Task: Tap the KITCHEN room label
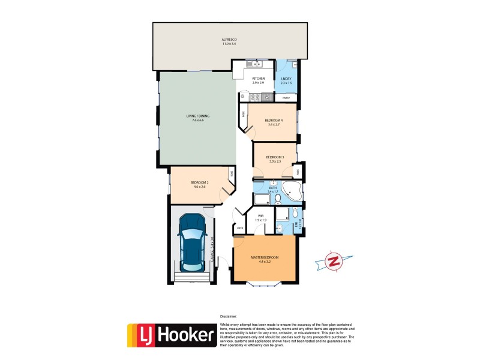click(259, 79)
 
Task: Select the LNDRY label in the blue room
click(286, 79)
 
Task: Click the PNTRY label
click(286, 97)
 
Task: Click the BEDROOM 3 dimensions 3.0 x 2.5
click(276, 161)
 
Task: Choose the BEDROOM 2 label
click(199, 182)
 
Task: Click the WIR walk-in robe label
click(260, 215)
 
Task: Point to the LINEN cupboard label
click(240, 227)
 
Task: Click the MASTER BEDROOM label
click(265, 257)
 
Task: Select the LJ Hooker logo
click(172, 335)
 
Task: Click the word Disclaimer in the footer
click(228, 316)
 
